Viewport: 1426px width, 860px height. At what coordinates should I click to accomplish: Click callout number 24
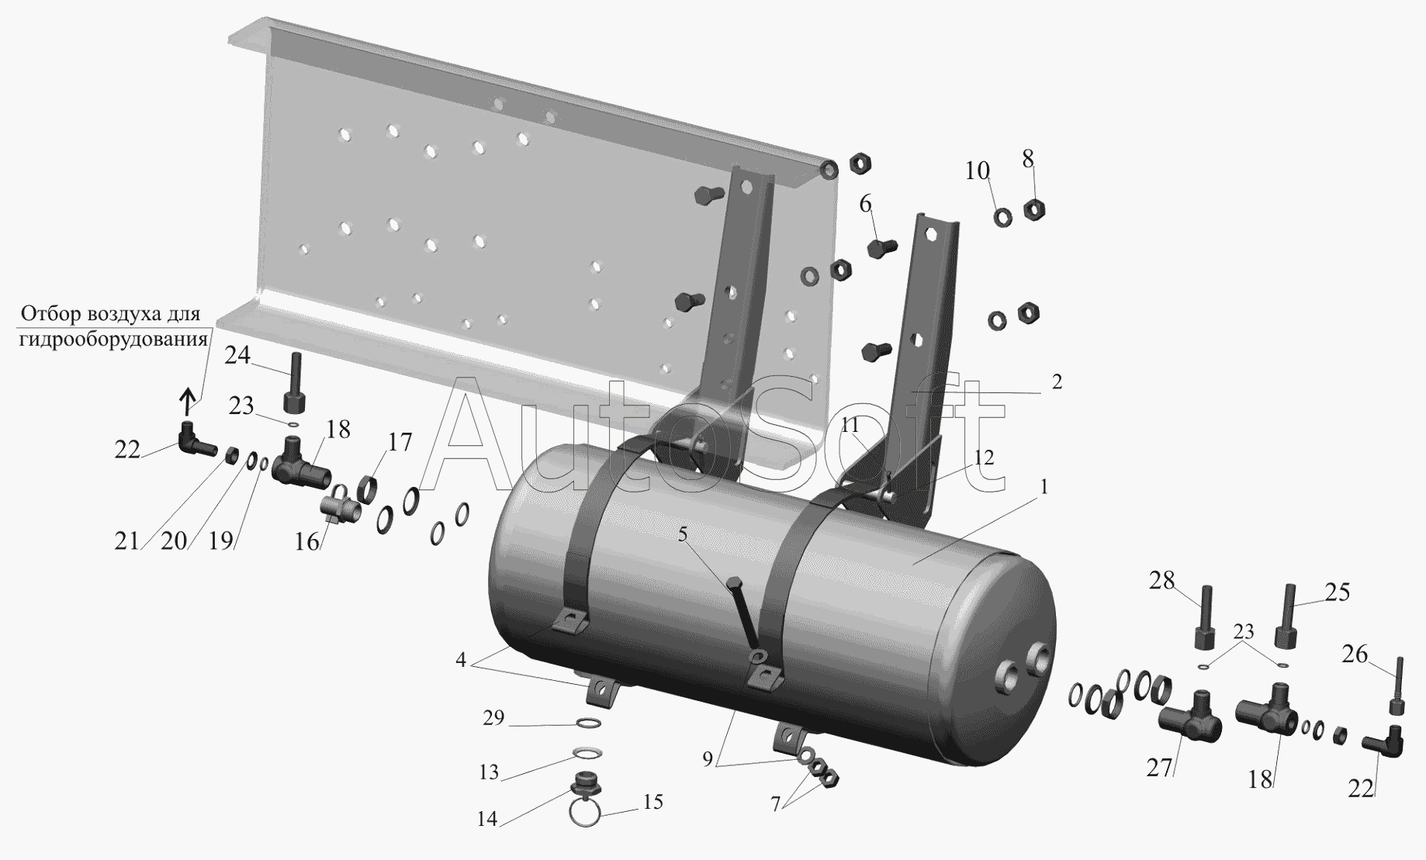click(x=238, y=355)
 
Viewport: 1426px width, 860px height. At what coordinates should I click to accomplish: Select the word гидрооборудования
click(x=114, y=339)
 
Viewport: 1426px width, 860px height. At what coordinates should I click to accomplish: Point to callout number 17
click(x=400, y=443)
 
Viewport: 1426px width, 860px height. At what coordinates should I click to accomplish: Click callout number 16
click(x=307, y=541)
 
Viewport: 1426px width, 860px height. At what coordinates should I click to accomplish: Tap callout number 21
click(x=126, y=541)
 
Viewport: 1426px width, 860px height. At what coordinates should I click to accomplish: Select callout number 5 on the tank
click(x=683, y=535)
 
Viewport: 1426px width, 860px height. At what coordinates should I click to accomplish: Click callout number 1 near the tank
click(x=1044, y=487)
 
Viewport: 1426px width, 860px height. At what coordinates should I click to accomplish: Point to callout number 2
click(x=1057, y=382)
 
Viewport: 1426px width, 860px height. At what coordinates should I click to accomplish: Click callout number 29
click(x=493, y=718)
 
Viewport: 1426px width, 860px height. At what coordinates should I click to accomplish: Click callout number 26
click(x=1355, y=656)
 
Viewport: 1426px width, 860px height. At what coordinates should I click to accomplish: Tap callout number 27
click(x=1161, y=768)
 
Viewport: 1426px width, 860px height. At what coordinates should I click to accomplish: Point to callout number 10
click(x=978, y=170)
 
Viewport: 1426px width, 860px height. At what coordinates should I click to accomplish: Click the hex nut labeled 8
click(x=1033, y=209)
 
